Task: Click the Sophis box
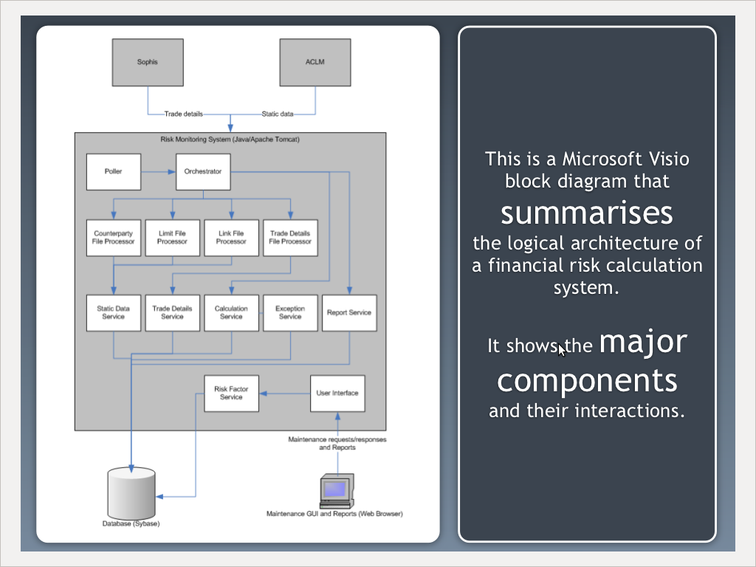click(x=148, y=62)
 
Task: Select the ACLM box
click(x=315, y=62)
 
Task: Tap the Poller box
click(x=114, y=171)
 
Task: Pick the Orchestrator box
click(x=203, y=171)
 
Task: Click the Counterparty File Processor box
click(x=114, y=238)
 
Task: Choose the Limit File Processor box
click(x=173, y=238)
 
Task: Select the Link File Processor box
click(x=231, y=238)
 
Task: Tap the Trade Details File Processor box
click(x=290, y=238)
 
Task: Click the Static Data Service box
click(x=114, y=313)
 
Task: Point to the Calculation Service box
click(x=231, y=313)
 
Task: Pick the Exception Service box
click(x=290, y=313)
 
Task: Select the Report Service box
click(x=349, y=313)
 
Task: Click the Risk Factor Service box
click(x=231, y=394)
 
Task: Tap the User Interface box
click(x=337, y=394)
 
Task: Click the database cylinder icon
click(x=131, y=493)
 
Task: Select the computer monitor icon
click(x=337, y=491)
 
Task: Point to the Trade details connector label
click(x=184, y=114)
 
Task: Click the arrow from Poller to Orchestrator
click(x=158, y=171)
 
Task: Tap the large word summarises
click(x=587, y=213)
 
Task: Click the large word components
click(x=587, y=382)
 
